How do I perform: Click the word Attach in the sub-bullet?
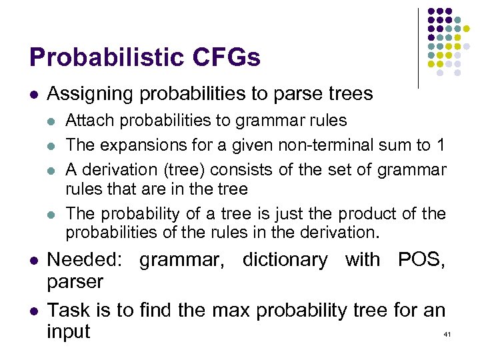point(87,121)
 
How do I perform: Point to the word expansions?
point(144,144)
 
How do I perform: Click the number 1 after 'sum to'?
point(441,144)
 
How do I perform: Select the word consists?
point(226,170)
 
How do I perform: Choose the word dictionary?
point(285,259)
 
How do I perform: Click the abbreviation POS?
point(421,259)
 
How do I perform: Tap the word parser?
point(75,282)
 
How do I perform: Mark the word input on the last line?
point(68,331)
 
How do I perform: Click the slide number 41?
point(447,333)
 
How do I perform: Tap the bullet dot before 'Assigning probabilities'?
point(33,95)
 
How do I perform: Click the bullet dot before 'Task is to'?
point(33,310)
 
